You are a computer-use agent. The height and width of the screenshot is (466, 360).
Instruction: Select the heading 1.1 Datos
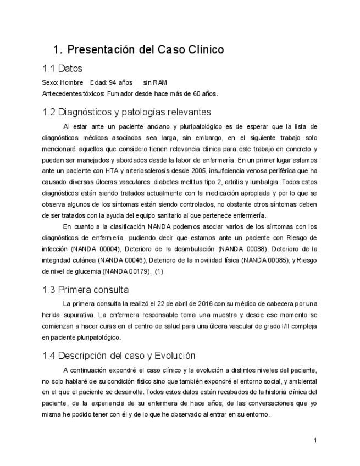coord(62,69)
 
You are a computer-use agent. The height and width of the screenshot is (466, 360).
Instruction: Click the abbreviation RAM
coord(159,82)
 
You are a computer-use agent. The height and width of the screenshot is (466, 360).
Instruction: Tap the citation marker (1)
coord(159,271)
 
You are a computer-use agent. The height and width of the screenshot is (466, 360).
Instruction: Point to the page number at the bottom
coord(315,440)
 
